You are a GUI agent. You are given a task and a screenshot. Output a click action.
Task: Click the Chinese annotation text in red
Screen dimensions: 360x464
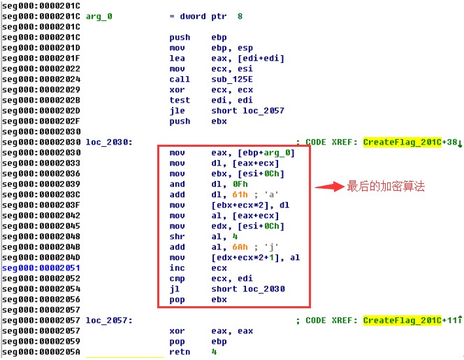(x=386, y=187)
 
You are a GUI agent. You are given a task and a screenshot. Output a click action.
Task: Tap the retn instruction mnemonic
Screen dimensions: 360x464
(x=180, y=352)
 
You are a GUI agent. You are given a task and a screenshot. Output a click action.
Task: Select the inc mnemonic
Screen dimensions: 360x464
(x=177, y=268)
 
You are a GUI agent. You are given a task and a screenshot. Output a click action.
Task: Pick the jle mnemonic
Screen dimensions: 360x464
(x=177, y=110)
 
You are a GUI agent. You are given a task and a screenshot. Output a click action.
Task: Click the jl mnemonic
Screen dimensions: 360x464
(x=175, y=289)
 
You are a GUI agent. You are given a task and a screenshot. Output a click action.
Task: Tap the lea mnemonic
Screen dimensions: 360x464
(x=177, y=58)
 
